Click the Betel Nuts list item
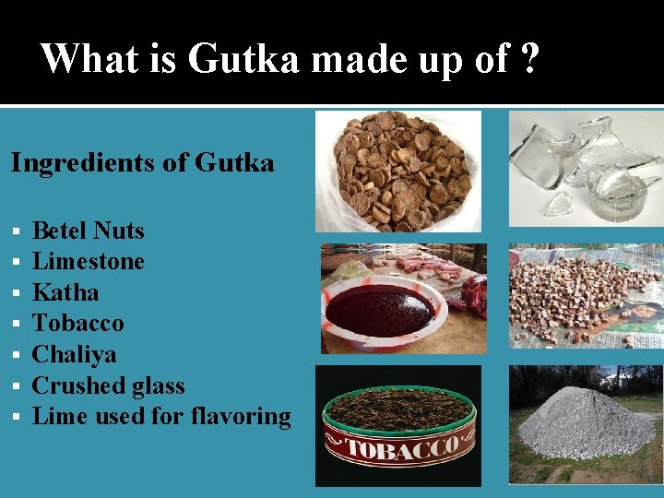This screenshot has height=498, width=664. tap(88, 231)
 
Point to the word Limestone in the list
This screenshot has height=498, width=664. tap(88, 262)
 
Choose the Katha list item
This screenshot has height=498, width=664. tap(65, 293)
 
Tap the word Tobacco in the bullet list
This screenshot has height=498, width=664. tap(77, 324)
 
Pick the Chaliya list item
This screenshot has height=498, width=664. tap(74, 355)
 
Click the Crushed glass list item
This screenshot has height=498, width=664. tap(108, 385)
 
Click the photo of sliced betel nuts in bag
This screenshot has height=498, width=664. tap(398, 171)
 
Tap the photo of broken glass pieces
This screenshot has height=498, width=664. tap(587, 166)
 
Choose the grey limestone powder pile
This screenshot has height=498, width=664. tap(587, 429)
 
